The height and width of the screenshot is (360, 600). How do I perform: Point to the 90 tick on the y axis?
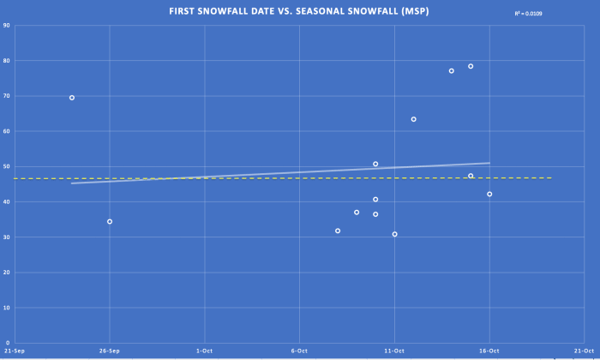pyautogui.click(x=7, y=26)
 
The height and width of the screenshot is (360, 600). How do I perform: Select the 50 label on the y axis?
pyautogui.click(x=7, y=166)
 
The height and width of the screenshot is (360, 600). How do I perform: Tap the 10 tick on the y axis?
pyautogui.click(x=7, y=308)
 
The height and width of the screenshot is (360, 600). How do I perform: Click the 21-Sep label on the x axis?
pyautogui.click(x=15, y=351)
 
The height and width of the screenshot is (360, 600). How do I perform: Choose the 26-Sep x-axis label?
pyautogui.click(x=109, y=351)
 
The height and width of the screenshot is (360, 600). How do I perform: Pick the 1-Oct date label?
pyautogui.click(x=204, y=351)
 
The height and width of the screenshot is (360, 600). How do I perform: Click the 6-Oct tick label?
pyautogui.click(x=299, y=351)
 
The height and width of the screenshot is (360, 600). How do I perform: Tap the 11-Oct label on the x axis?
pyautogui.click(x=394, y=351)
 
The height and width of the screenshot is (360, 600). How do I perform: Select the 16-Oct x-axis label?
pyautogui.click(x=489, y=351)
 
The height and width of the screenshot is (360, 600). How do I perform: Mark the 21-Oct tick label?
pyautogui.click(x=584, y=351)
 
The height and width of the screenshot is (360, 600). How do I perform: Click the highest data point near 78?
pyautogui.click(x=471, y=66)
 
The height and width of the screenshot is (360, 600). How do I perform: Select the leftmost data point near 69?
pyautogui.click(x=72, y=98)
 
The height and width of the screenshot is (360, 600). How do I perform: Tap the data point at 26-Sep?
pyautogui.click(x=110, y=221)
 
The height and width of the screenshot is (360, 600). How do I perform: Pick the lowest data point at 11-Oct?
pyautogui.click(x=395, y=234)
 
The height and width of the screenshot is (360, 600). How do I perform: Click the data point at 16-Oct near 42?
pyautogui.click(x=489, y=194)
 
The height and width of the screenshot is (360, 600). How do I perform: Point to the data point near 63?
pyautogui.click(x=413, y=119)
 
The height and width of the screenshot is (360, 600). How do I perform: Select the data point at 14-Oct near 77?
pyautogui.click(x=452, y=71)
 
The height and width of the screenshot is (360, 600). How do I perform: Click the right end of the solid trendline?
pyautogui.click(x=489, y=163)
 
